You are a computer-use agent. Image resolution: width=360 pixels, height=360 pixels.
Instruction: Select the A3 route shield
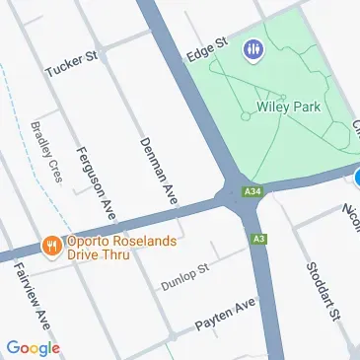pos(258,238)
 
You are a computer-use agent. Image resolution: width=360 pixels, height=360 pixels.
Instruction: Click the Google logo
pos(33,347)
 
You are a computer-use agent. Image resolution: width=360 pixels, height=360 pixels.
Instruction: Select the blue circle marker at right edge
pos(357,178)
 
